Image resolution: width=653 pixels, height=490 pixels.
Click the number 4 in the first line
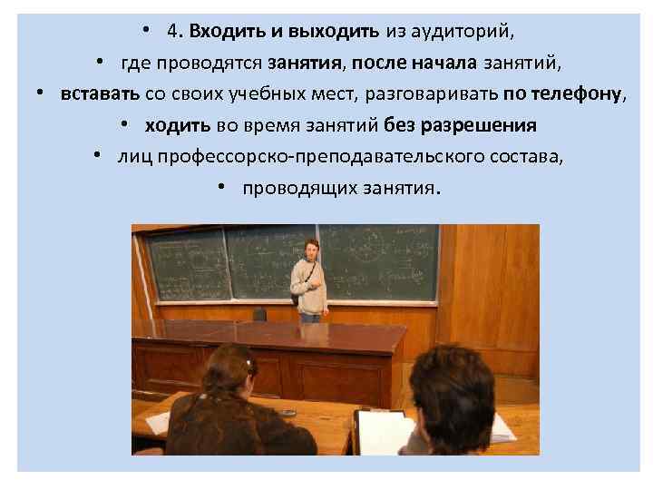[172, 31]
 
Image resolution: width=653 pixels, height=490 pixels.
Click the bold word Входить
[223, 31]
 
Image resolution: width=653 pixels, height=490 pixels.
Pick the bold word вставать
[100, 93]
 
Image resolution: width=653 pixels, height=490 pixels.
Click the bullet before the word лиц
[96, 156]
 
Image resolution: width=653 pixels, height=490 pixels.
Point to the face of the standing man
[310, 248]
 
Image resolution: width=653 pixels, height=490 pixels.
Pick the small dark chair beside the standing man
[260, 314]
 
